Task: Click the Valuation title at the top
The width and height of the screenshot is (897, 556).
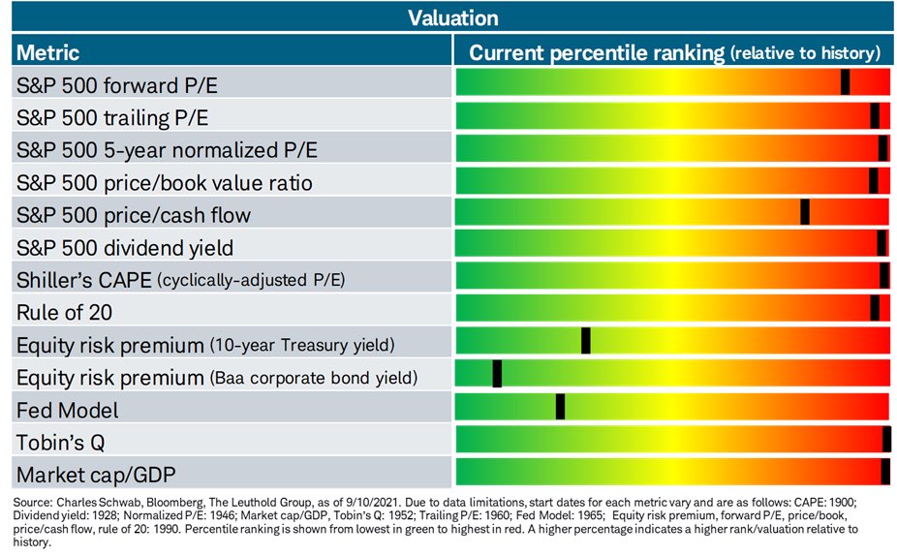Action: coord(453,18)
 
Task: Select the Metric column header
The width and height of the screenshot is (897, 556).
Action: coord(47,52)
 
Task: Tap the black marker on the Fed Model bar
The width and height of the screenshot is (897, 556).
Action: coord(560,407)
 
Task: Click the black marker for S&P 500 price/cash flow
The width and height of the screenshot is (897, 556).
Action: coord(805,211)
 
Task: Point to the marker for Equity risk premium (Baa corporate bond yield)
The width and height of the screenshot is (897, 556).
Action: coord(497,374)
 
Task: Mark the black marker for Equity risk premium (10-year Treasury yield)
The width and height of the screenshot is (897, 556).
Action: coord(586,342)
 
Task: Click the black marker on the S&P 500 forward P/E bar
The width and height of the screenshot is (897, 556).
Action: coord(845,81)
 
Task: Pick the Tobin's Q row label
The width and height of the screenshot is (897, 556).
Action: coord(61,443)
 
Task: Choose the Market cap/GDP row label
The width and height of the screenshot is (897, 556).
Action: coord(96,475)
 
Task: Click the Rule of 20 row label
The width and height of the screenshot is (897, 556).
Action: coord(64,312)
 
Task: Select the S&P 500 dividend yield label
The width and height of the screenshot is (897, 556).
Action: coord(125,248)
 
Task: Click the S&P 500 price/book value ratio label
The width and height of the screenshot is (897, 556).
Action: coord(164,182)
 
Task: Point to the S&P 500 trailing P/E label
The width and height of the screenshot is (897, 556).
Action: coord(112,118)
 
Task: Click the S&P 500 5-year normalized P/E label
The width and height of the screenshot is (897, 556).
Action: coord(167,150)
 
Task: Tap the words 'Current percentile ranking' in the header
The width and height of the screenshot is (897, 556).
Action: coord(597,53)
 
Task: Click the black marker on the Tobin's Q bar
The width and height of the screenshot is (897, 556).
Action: coord(886,440)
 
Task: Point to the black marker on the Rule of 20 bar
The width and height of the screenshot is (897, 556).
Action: coord(875,309)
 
